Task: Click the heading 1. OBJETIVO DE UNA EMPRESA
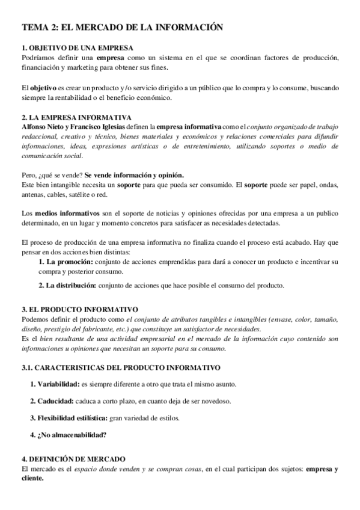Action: coord(78,48)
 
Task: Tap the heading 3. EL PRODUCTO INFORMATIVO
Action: coord(79,309)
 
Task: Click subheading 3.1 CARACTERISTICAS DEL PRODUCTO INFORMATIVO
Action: coord(120,367)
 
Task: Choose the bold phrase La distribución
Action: coord(67,285)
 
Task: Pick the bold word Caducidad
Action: coord(52,401)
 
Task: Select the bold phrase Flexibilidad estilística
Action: coord(73,417)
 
